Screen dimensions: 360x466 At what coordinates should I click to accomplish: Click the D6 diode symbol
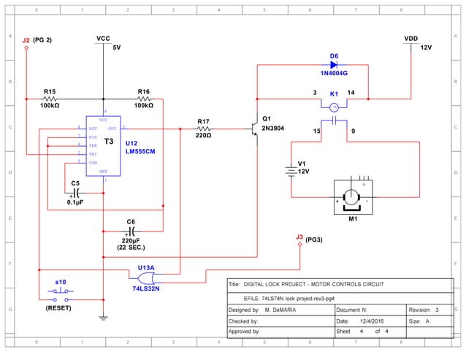pos(334,65)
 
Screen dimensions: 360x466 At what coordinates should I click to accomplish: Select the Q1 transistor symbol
pos(255,129)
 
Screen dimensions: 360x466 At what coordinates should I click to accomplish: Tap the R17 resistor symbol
pos(204,128)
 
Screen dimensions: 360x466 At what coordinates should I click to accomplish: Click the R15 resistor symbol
pos(50,99)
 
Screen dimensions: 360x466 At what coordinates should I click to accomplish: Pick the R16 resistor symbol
pos(144,99)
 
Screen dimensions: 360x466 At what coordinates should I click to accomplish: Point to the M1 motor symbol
pos(353,198)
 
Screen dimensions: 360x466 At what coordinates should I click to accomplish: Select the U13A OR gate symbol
pos(148,278)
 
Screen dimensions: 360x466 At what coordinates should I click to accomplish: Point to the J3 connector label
pos(299,237)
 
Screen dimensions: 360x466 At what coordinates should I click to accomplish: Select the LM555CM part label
pos(140,150)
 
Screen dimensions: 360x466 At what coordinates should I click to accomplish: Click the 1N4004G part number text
pos(334,74)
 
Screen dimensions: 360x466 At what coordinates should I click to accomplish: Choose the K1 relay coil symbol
pos(334,107)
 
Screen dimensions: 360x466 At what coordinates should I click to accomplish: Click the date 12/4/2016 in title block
pos(371,321)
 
